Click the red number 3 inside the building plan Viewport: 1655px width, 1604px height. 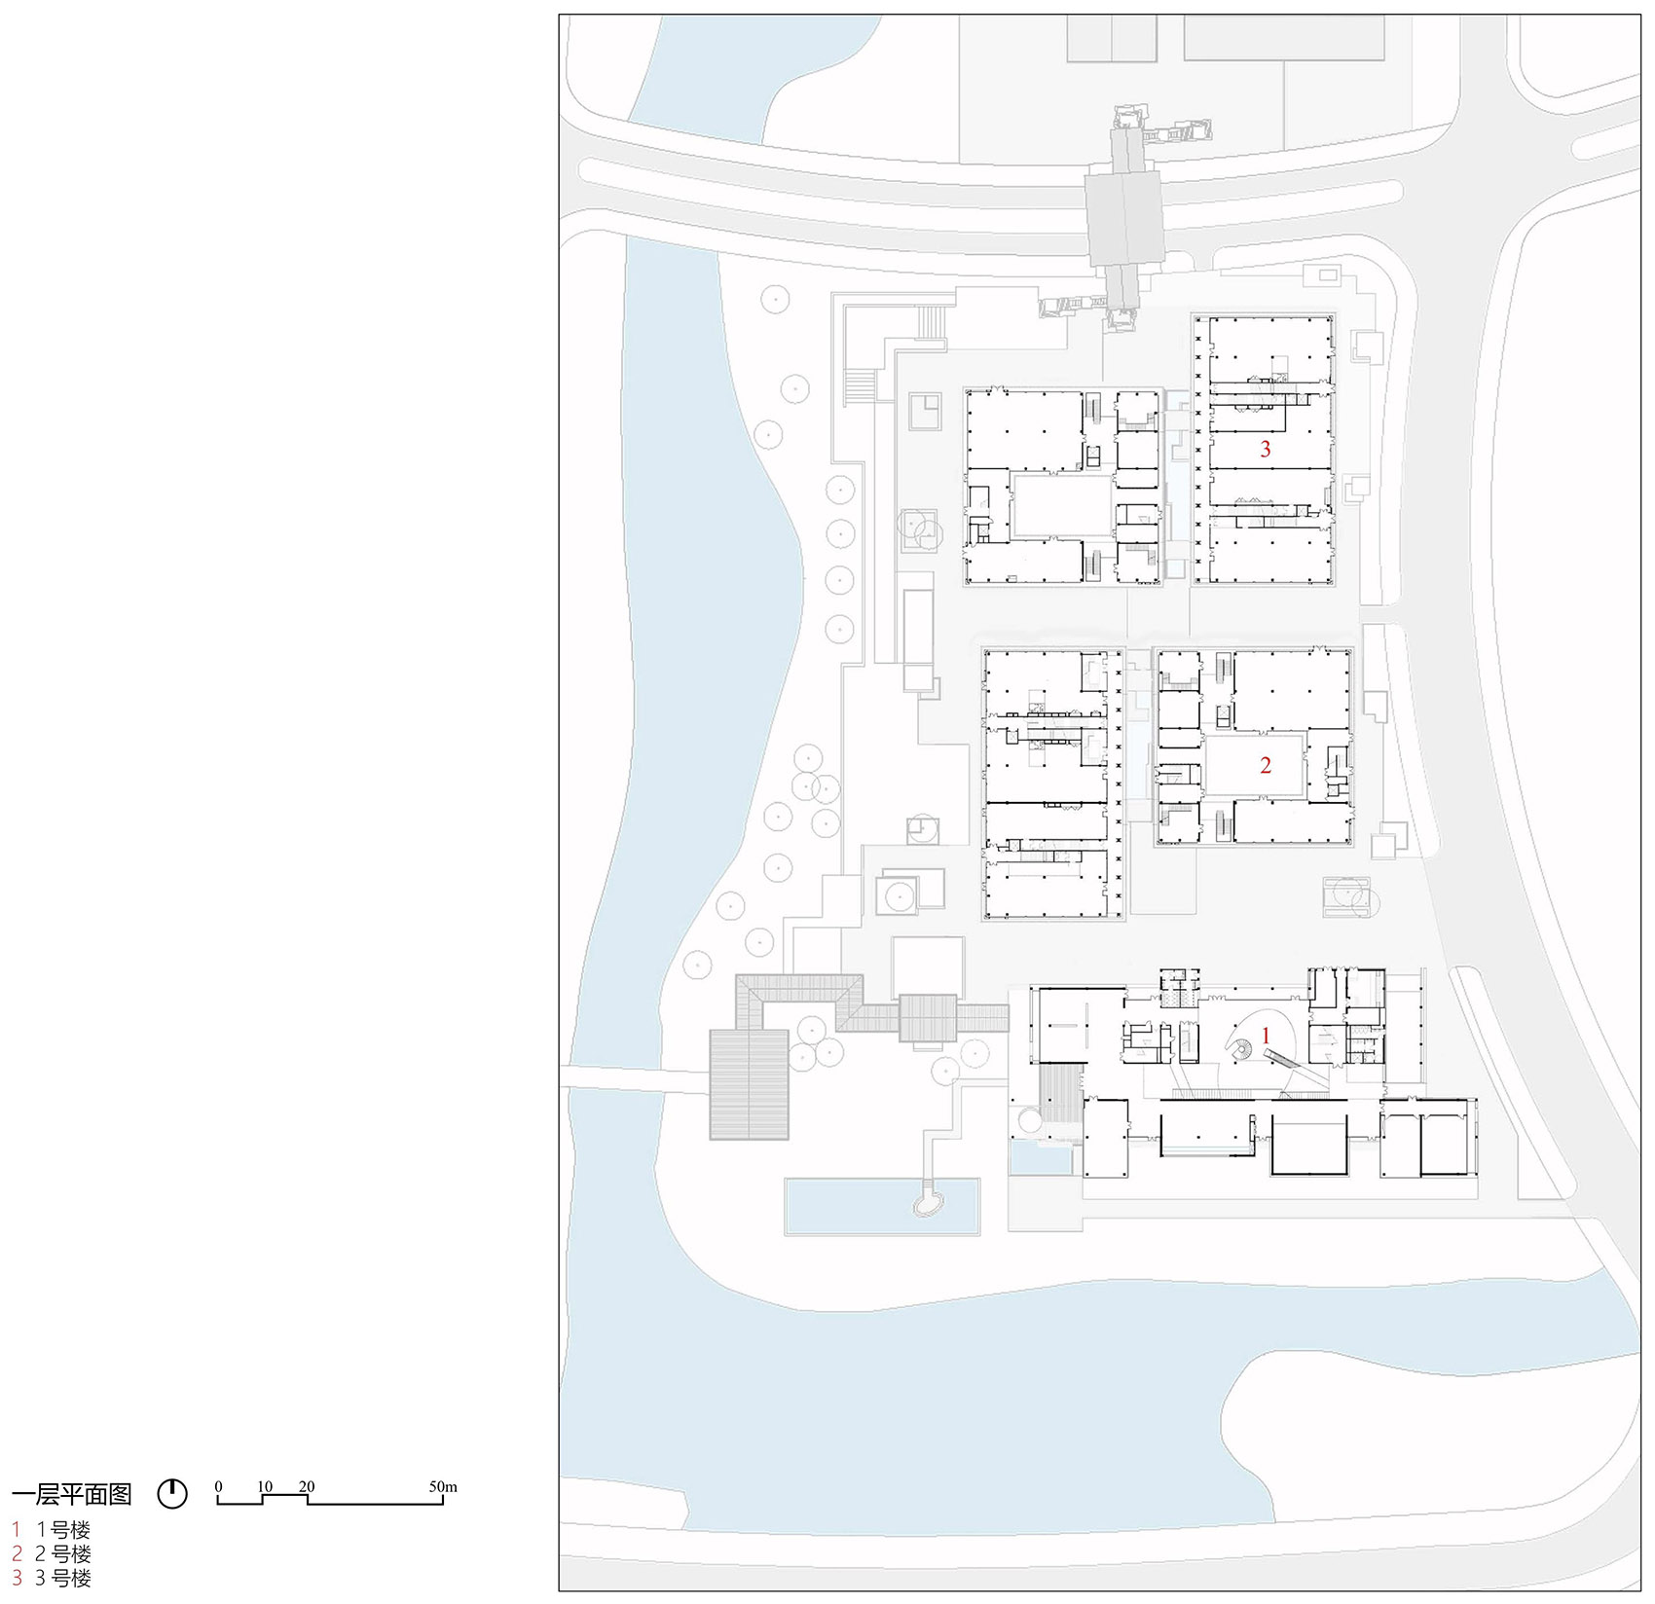[1265, 449]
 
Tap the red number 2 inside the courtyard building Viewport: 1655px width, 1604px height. [1265, 765]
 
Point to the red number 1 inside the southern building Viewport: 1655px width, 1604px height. [1266, 1036]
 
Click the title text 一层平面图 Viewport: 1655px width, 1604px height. [72, 1494]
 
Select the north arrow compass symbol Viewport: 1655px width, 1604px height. [172, 1494]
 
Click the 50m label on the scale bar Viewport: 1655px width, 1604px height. [443, 1487]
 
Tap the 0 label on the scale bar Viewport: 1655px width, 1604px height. [218, 1487]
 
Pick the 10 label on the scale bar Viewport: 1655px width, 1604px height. [265, 1487]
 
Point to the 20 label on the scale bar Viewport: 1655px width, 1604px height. [307, 1487]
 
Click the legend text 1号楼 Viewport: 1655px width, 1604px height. [63, 1530]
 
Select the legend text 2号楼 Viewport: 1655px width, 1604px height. [63, 1554]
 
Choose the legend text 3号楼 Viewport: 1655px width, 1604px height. [63, 1579]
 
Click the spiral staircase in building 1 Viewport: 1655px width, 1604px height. [1242, 1052]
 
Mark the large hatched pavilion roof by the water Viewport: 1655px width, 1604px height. [749, 1084]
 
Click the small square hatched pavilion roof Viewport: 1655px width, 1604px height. [928, 1018]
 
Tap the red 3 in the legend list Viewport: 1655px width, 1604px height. [17, 1579]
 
